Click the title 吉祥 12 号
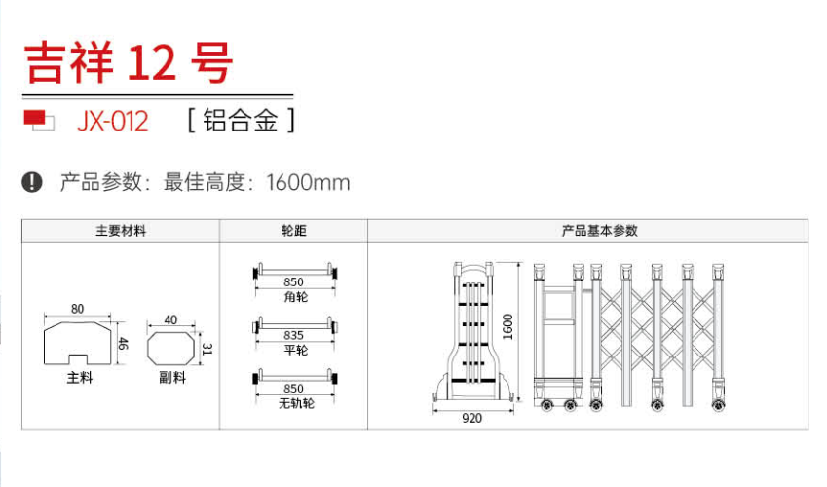[128, 63]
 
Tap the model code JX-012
[112, 122]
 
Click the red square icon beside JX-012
[37, 120]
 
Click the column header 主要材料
[121, 231]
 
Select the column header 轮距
[293, 231]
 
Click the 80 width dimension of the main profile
[77, 309]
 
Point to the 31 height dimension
[207, 348]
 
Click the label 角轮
[294, 296]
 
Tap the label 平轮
[294, 350]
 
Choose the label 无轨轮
[294, 402]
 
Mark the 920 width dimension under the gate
[472, 418]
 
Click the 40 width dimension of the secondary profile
[170, 319]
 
